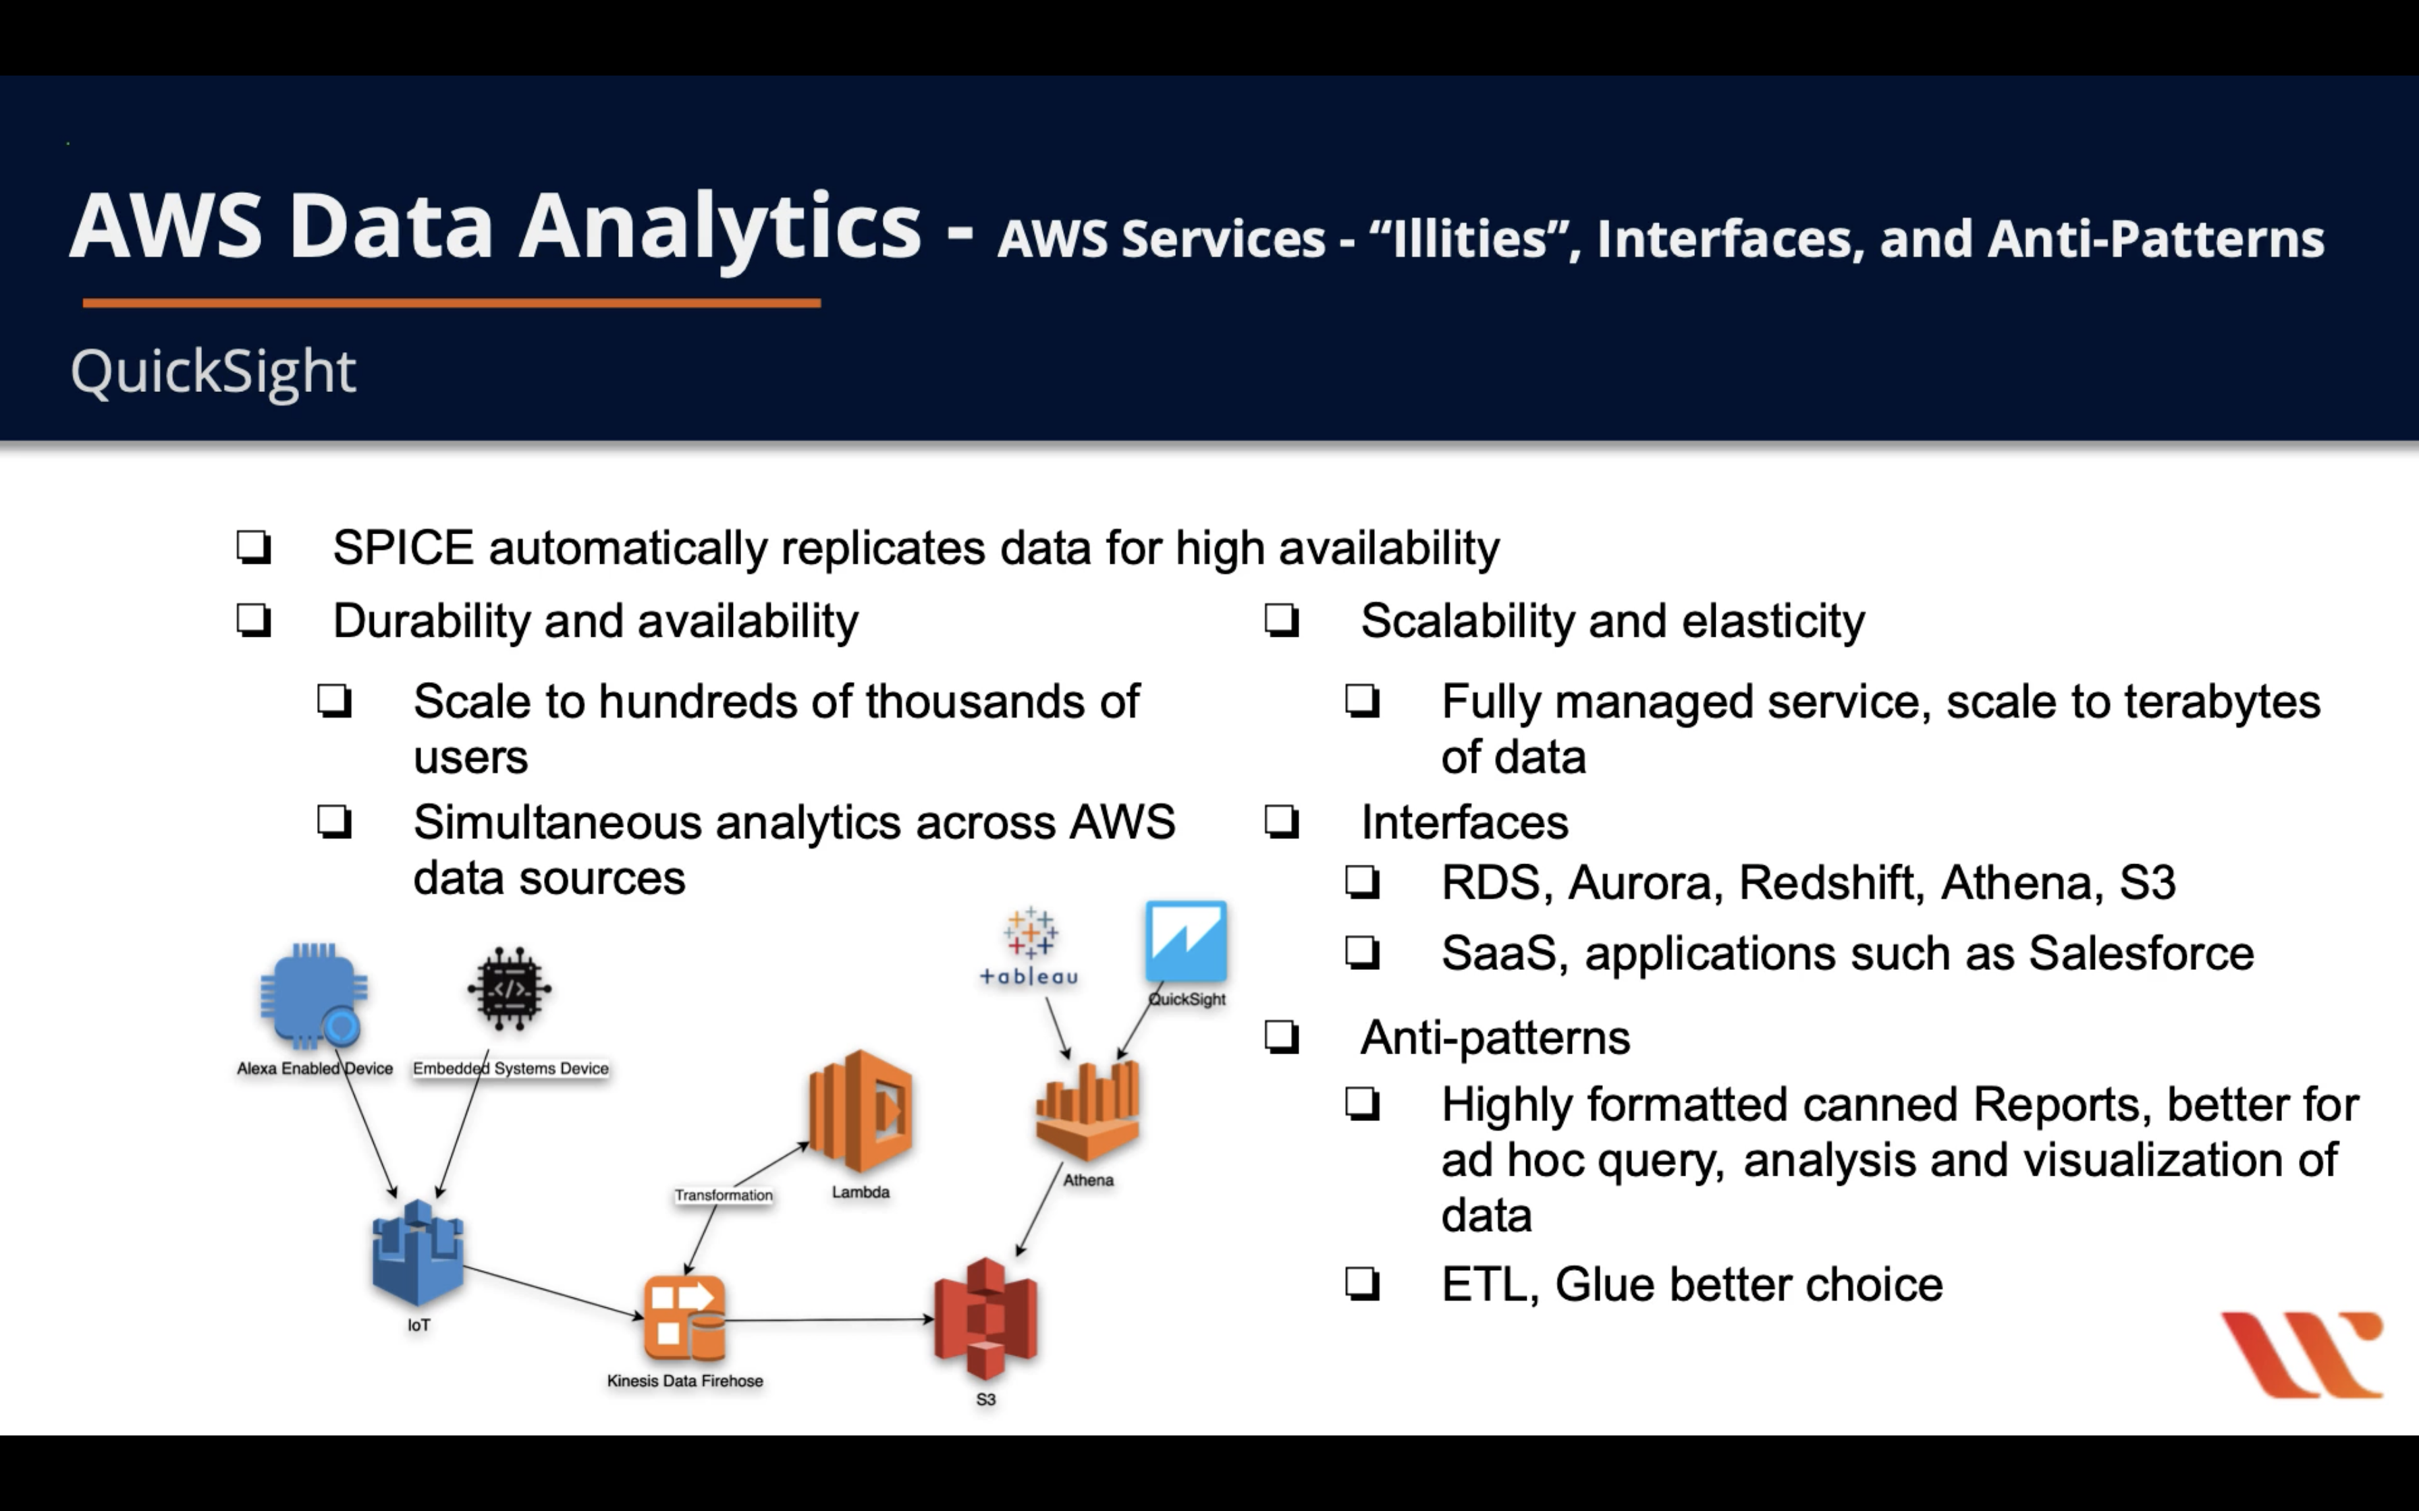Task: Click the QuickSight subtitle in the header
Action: (x=213, y=372)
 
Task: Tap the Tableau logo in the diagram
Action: (x=1029, y=944)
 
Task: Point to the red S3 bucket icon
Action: (x=985, y=1319)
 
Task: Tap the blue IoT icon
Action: (x=418, y=1254)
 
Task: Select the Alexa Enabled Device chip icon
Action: (x=314, y=994)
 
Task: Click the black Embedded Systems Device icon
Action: (x=510, y=988)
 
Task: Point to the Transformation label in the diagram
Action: (x=723, y=1195)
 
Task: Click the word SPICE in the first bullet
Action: (x=403, y=548)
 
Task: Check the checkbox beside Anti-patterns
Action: (x=1282, y=1037)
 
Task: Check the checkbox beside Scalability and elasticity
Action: (x=1282, y=621)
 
